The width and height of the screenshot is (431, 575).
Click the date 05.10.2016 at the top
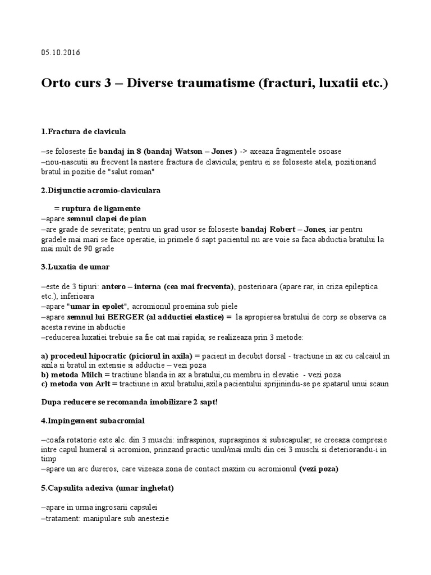(61, 53)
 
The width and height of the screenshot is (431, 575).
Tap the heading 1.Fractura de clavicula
(84, 132)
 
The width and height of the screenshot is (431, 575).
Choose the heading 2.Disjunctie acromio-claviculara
(101, 191)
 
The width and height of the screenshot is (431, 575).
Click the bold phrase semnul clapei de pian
(111, 219)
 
